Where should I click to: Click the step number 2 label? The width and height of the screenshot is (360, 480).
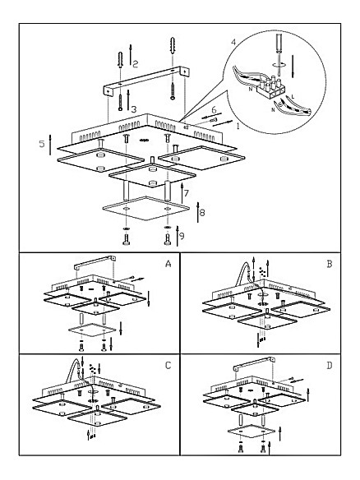pos(135,63)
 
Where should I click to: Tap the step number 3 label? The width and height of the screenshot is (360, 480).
pos(134,109)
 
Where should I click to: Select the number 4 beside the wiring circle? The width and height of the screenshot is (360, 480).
pos(233,42)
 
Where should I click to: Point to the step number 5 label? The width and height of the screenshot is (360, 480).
pos(42,144)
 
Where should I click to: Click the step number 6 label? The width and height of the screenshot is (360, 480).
pos(214,109)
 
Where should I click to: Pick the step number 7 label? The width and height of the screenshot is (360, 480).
pos(187,193)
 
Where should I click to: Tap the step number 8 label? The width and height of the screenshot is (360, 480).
pos(202,212)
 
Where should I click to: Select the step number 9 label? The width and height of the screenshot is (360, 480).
pos(182,236)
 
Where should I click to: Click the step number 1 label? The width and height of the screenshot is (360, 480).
pos(238,126)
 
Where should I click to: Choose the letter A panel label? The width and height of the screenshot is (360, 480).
pos(168,264)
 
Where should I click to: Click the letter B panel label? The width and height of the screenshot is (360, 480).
pos(330,264)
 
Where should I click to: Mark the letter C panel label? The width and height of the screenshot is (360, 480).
pos(168,366)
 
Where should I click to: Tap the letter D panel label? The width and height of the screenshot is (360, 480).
pos(330,366)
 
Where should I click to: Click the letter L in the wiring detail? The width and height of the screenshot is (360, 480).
pos(293,97)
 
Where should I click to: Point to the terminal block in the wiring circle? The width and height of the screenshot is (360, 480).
pos(270,88)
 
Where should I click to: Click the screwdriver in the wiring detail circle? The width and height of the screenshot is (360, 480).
pos(279,54)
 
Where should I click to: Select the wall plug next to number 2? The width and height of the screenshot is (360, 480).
pos(120,60)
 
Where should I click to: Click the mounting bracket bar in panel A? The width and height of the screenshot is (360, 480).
pos(95,261)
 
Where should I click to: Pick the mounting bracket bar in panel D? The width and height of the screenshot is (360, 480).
pos(254,363)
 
